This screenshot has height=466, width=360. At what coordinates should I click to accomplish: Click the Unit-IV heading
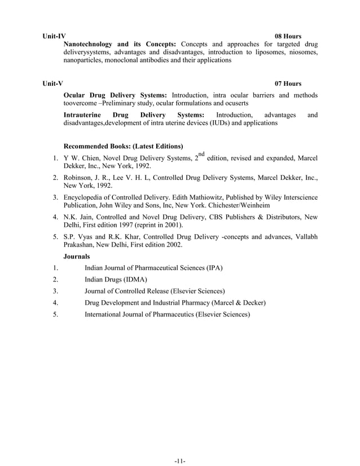point(54,36)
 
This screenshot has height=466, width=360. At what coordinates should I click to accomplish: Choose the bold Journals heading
point(77,256)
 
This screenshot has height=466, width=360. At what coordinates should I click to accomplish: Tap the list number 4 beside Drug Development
point(55,303)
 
